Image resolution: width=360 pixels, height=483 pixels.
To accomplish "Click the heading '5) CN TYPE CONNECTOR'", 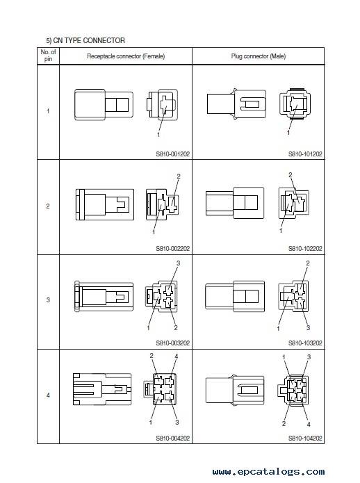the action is [85, 40].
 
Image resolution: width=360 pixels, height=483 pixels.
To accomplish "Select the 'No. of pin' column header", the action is [48, 56].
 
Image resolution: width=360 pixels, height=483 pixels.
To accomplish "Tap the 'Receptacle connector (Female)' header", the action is [126, 56].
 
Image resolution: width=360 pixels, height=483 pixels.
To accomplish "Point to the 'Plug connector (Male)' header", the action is [259, 56].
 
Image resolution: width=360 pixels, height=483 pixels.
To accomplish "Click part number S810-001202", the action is [173, 154].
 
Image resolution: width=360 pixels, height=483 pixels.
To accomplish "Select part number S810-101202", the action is [305, 154].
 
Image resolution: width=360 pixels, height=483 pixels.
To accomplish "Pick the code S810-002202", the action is [173, 248].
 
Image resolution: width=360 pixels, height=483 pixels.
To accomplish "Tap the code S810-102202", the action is [305, 248].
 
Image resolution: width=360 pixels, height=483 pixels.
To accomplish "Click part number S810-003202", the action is [173, 343].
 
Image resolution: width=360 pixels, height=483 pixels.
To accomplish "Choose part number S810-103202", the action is [305, 343].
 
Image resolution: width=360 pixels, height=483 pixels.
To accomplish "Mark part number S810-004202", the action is [173, 438].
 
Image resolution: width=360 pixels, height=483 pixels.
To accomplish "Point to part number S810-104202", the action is [305, 438].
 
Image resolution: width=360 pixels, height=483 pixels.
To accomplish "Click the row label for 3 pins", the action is [48, 300].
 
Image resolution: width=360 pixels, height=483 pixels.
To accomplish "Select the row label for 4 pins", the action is [48, 395].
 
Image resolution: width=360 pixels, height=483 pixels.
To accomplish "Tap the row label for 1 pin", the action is [48, 111].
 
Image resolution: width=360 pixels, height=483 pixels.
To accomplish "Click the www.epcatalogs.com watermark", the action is [268, 472].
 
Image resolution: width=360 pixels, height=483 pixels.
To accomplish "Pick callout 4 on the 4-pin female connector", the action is [176, 357].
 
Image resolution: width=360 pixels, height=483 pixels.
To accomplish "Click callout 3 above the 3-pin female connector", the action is [178, 263].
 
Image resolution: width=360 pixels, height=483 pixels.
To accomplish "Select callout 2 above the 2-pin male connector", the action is [290, 174].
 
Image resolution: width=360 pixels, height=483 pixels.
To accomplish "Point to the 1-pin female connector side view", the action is [104, 105].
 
